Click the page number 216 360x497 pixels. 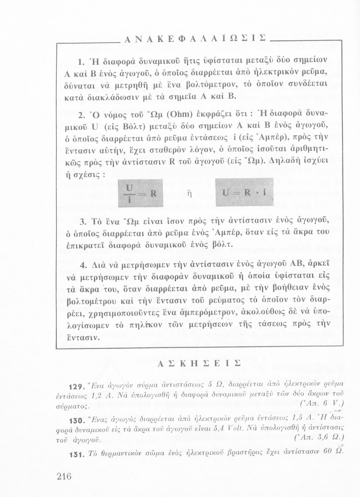(x=64, y=476)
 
